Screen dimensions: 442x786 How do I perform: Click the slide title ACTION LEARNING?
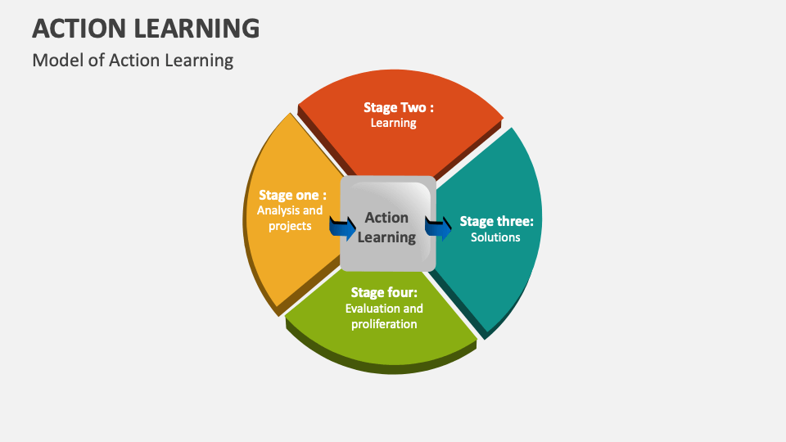(146, 28)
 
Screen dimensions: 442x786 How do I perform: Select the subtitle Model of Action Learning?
(133, 61)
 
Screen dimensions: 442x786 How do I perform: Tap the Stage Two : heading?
(399, 107)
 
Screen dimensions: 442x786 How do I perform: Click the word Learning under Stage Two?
(394, 123)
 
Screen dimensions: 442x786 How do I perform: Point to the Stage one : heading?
(292, 195)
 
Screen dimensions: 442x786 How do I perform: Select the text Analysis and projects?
(290, 218)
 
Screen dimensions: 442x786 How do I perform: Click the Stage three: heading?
(496, 221)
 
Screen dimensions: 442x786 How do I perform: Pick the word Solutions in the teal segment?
(495, 237)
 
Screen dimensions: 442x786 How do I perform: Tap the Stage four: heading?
(384, 292)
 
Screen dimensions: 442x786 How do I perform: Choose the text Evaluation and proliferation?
(384, 316)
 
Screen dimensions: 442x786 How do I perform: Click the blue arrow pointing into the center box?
(342, 226)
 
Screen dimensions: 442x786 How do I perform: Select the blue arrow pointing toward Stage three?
(439, 227)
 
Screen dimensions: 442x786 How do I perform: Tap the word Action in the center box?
(386, 218)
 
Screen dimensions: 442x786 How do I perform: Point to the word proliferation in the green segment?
(384, 324)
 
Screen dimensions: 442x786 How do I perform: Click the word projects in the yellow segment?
(290, 226)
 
